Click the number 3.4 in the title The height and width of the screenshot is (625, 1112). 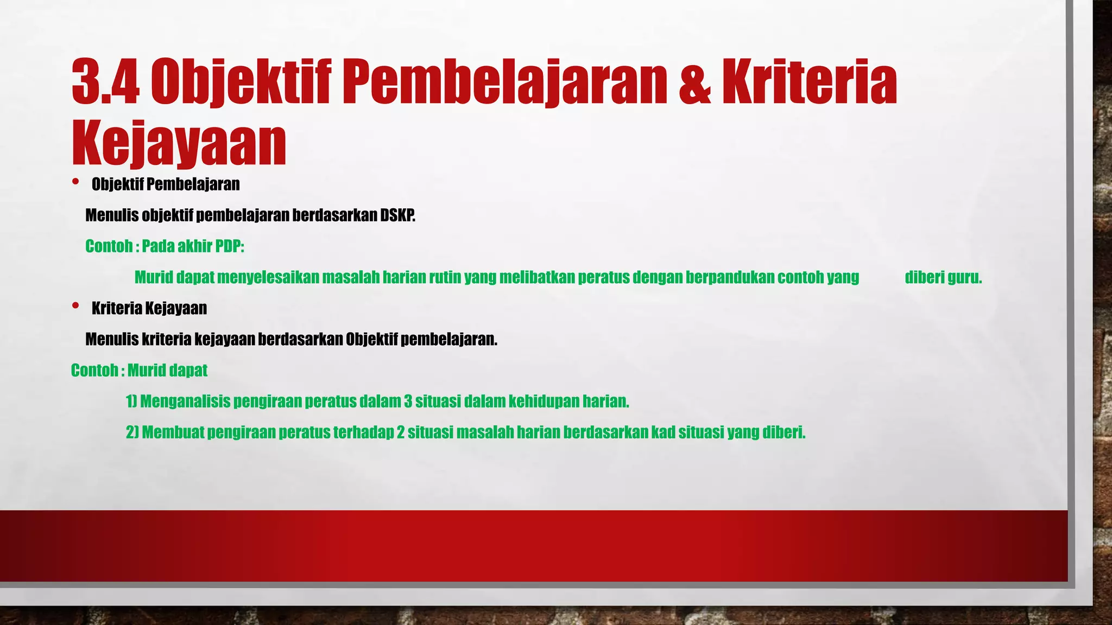[x=106, y=82]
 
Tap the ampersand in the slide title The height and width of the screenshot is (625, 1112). [x=694, y=82]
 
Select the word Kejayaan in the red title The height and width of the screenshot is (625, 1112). [x=179, y=143]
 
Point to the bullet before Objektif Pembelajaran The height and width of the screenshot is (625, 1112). [x=75, y=182]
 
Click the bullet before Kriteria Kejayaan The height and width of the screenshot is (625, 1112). [x=75, y=306]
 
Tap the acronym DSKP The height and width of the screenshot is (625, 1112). [x=397, y=215]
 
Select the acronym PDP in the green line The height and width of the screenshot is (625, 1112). [x=229, y=246]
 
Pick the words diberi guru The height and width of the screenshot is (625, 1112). [x=943, y=277]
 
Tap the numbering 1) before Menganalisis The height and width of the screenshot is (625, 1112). [x=131, y=401]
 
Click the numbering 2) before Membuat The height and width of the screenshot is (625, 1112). [x=132, y=432]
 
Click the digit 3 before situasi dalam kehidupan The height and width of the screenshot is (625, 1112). [x=408, y=401]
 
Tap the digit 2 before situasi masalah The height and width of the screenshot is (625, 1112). [x=401, y=432]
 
